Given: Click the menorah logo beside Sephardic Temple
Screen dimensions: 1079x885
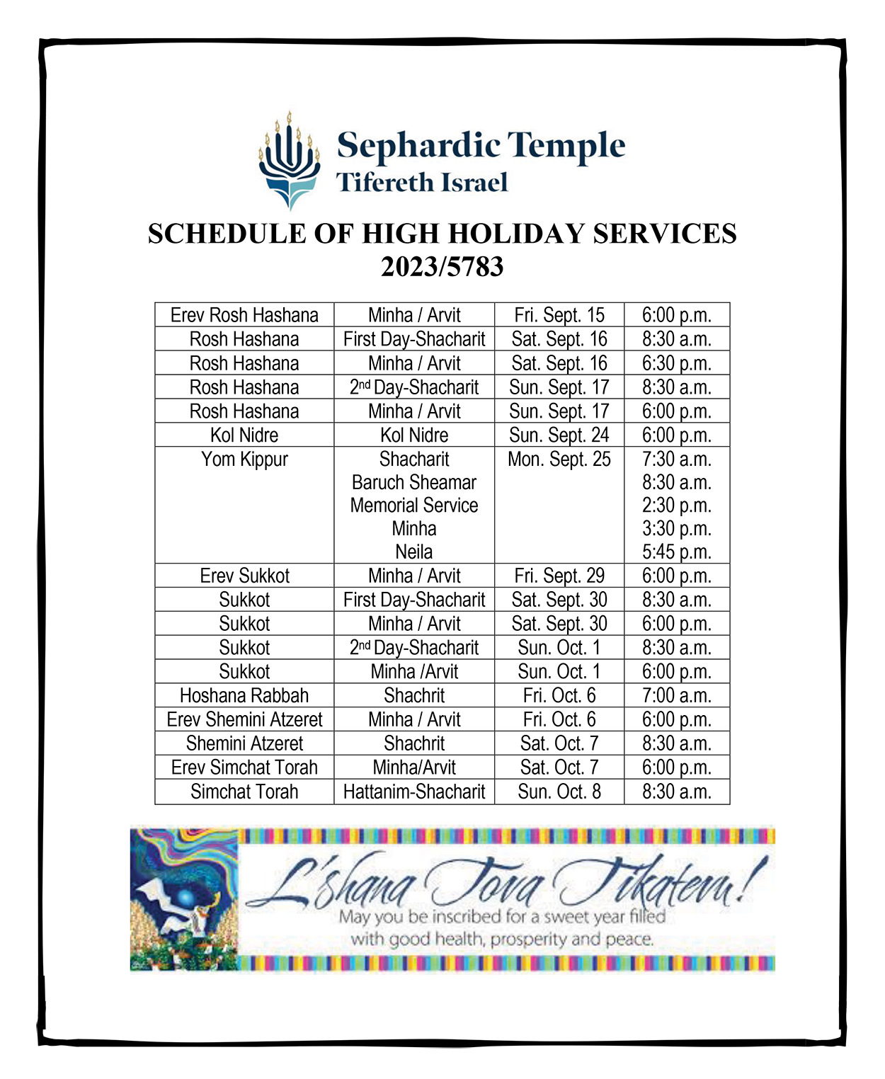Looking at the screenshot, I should (289, 161).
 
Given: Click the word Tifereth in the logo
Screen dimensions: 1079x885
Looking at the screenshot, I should (383, 183).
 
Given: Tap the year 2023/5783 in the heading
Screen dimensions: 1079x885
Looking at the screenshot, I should (442, 267).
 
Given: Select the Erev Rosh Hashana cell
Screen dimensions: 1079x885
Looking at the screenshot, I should (244, 315).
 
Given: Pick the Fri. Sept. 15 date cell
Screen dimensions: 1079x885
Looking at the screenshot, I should (559, 315).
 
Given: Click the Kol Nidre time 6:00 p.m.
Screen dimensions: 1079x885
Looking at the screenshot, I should (676, 435).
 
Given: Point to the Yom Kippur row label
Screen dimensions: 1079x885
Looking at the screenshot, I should (244, 459).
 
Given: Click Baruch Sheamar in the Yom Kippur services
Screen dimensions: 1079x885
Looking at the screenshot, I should (414, 482).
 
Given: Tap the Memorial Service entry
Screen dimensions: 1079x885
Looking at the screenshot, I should (414, 506).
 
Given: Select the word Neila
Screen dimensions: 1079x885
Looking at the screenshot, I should (414, 552).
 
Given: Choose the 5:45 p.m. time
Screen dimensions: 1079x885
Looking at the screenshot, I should (676, 552).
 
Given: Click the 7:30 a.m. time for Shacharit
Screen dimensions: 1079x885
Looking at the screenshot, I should (676, 459).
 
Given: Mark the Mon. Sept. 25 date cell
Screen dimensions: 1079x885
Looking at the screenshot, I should (559, 459).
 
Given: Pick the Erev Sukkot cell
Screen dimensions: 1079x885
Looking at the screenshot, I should (244, 576).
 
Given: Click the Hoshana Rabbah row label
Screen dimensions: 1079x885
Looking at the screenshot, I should (244, 695).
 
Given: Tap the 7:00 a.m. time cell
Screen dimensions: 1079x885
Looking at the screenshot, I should (676, 695).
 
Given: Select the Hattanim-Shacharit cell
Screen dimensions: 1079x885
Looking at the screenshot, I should (414, 792).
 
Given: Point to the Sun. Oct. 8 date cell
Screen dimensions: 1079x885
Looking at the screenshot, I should (559, 792).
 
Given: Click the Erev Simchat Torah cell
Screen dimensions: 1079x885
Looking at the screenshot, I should (244, 767).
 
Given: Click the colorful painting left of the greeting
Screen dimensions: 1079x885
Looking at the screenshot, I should (184, 899).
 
